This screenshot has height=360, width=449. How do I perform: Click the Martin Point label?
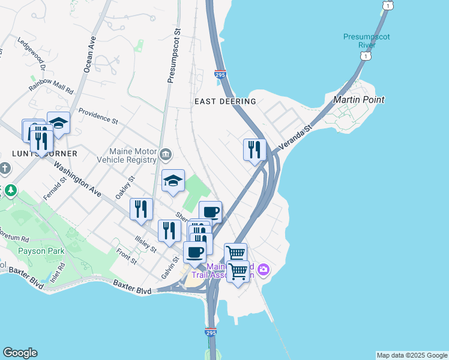[x=358, y=100]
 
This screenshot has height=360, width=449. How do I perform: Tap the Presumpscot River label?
[x=366, y=41]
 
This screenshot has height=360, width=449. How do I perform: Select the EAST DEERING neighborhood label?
[x=226, y=102]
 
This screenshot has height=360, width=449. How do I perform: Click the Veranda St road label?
[x=297, y=137]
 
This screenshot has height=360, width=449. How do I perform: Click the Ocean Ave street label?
[x=89, y=55]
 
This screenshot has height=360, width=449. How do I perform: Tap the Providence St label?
[x=98, y=116]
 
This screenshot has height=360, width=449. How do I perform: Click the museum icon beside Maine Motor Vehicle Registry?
[x=166, y=156]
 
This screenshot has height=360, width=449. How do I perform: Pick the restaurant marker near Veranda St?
[x=255, y=149]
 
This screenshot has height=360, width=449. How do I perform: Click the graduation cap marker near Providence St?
[x=58, y=123]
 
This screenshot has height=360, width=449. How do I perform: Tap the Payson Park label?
[x=40, y=251]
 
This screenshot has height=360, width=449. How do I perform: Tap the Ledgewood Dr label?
[x=32, y=52]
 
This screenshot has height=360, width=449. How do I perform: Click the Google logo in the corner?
[x=20, y=353]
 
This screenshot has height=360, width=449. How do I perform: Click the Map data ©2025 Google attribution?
[x=412, y=355]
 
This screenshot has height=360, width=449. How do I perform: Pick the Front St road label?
[x=127, y=256]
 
